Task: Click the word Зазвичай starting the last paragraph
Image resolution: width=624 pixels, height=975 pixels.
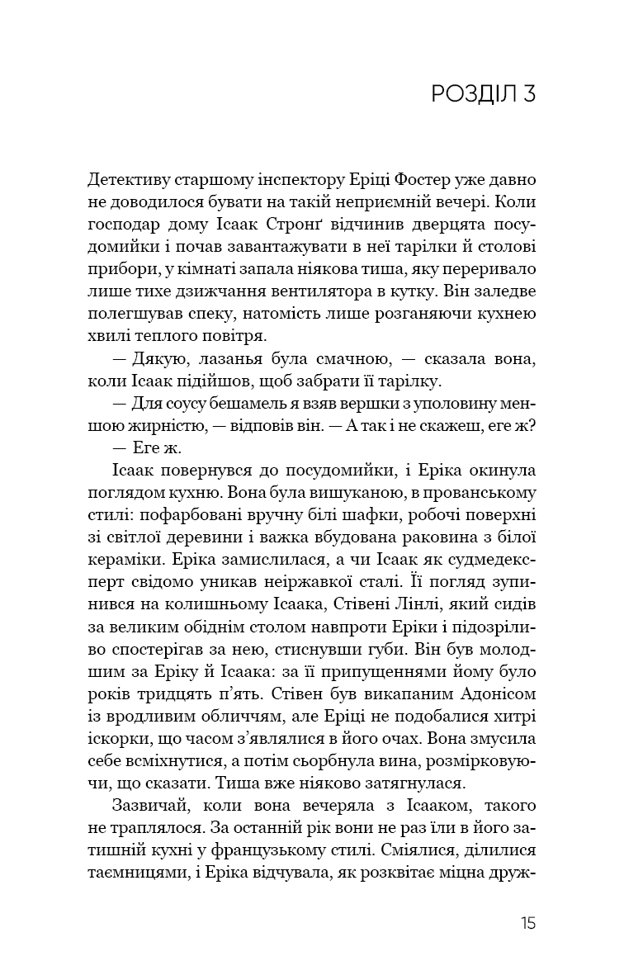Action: pos(143,805)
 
